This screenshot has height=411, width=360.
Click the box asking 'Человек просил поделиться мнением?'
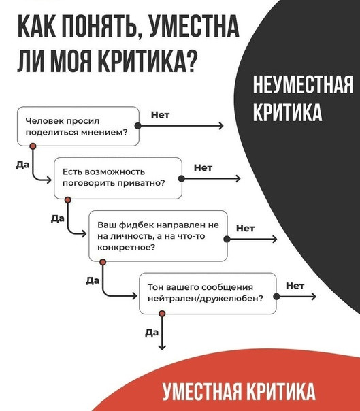pos(78,126)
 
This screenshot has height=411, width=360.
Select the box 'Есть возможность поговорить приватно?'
pos(118,178)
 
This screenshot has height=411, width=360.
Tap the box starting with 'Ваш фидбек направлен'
pos(158,236)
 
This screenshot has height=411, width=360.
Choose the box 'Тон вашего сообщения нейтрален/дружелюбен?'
pos(208,293)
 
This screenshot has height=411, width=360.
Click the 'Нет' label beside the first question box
pos(160,115)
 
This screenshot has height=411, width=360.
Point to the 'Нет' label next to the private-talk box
pos(203,168)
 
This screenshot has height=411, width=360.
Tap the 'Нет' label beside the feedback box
pos(245,229)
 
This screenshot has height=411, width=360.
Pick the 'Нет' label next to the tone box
pos(295,286)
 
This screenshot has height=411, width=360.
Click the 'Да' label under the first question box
pos(22,165)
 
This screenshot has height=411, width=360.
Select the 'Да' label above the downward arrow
pos(152,333)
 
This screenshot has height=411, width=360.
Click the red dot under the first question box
pos(33,146)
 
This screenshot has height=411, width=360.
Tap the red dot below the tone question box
pos(162,314)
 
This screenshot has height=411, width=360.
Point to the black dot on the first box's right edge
pos(138,126)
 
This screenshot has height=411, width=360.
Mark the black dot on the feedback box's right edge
pos(227,239)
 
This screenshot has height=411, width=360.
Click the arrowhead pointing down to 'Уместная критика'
pos(162,347)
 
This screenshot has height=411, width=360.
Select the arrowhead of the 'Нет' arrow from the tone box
pos(314,297)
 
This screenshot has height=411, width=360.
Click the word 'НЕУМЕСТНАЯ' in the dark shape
pos(303,84)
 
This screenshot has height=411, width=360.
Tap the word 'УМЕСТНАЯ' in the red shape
pos(201,391)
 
